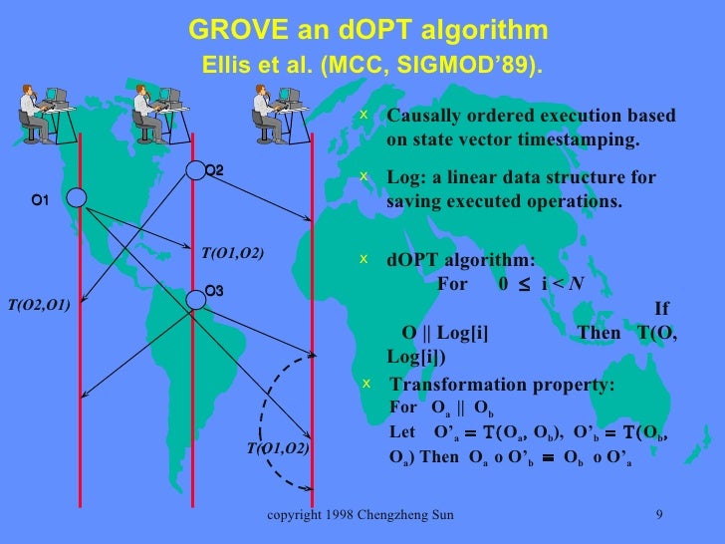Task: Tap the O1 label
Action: click(x=40, y=201)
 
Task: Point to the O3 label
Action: click(x=213, y=291)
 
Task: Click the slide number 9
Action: click(x=659, y=515)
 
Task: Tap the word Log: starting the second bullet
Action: click(x=404, y=178)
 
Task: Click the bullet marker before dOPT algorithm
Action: click(x=364, y=258)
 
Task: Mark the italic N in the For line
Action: click(x=577, y=282)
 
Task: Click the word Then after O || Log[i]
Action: click(x=599, y=332)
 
